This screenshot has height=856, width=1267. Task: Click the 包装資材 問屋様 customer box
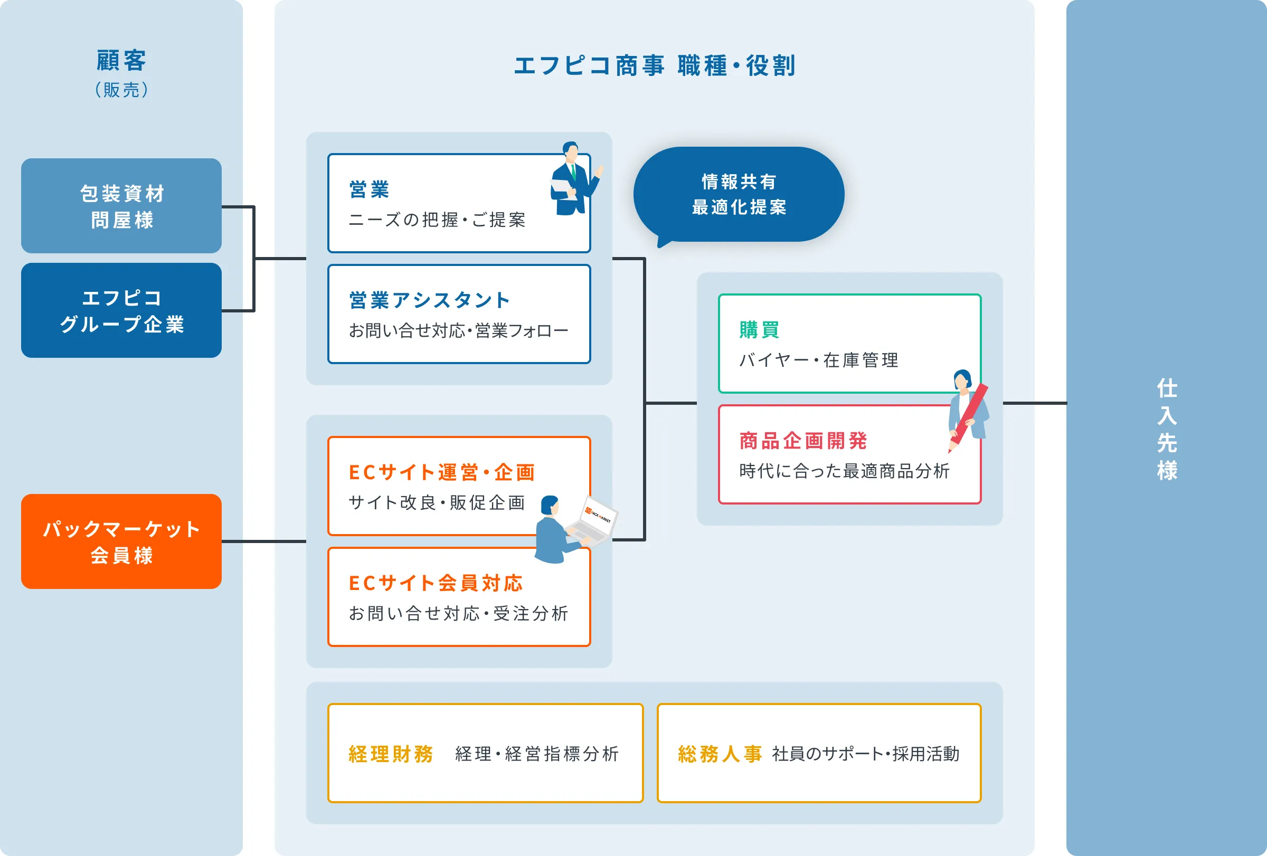[121, 206]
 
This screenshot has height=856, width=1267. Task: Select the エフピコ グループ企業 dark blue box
[121, 311]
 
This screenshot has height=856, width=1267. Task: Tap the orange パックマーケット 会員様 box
[121, 541]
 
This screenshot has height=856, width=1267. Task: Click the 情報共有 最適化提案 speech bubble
[739, 194]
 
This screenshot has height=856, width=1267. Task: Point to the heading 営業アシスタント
[430, 300]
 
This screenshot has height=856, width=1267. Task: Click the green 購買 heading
[760, 330]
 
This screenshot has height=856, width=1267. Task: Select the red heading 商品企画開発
[803, 441]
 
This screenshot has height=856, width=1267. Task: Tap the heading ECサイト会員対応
[436, 583]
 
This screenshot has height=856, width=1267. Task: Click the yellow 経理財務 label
[391, 754]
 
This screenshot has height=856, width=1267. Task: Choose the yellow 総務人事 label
[720, 754]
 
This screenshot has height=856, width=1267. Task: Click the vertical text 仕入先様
[1167, 429]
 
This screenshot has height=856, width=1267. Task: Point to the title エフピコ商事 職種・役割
[654, 66]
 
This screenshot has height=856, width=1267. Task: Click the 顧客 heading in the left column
[121, 61]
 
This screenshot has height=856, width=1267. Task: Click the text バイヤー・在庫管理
[818, 360]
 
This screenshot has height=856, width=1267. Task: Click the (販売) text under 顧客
[121, 90]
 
